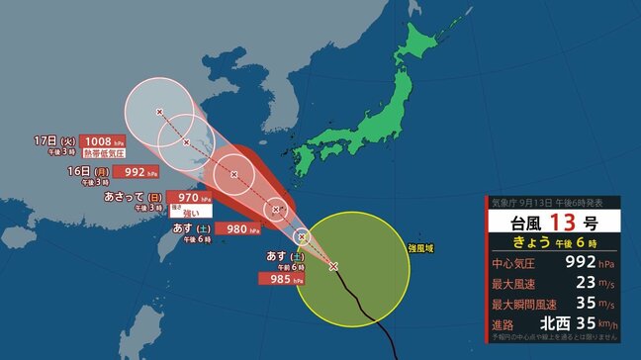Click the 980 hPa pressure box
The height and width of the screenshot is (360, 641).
242,228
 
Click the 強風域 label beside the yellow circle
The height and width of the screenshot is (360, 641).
422,247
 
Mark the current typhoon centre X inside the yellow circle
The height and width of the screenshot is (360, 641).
333,266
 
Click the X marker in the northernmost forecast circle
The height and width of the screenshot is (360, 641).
159,112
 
